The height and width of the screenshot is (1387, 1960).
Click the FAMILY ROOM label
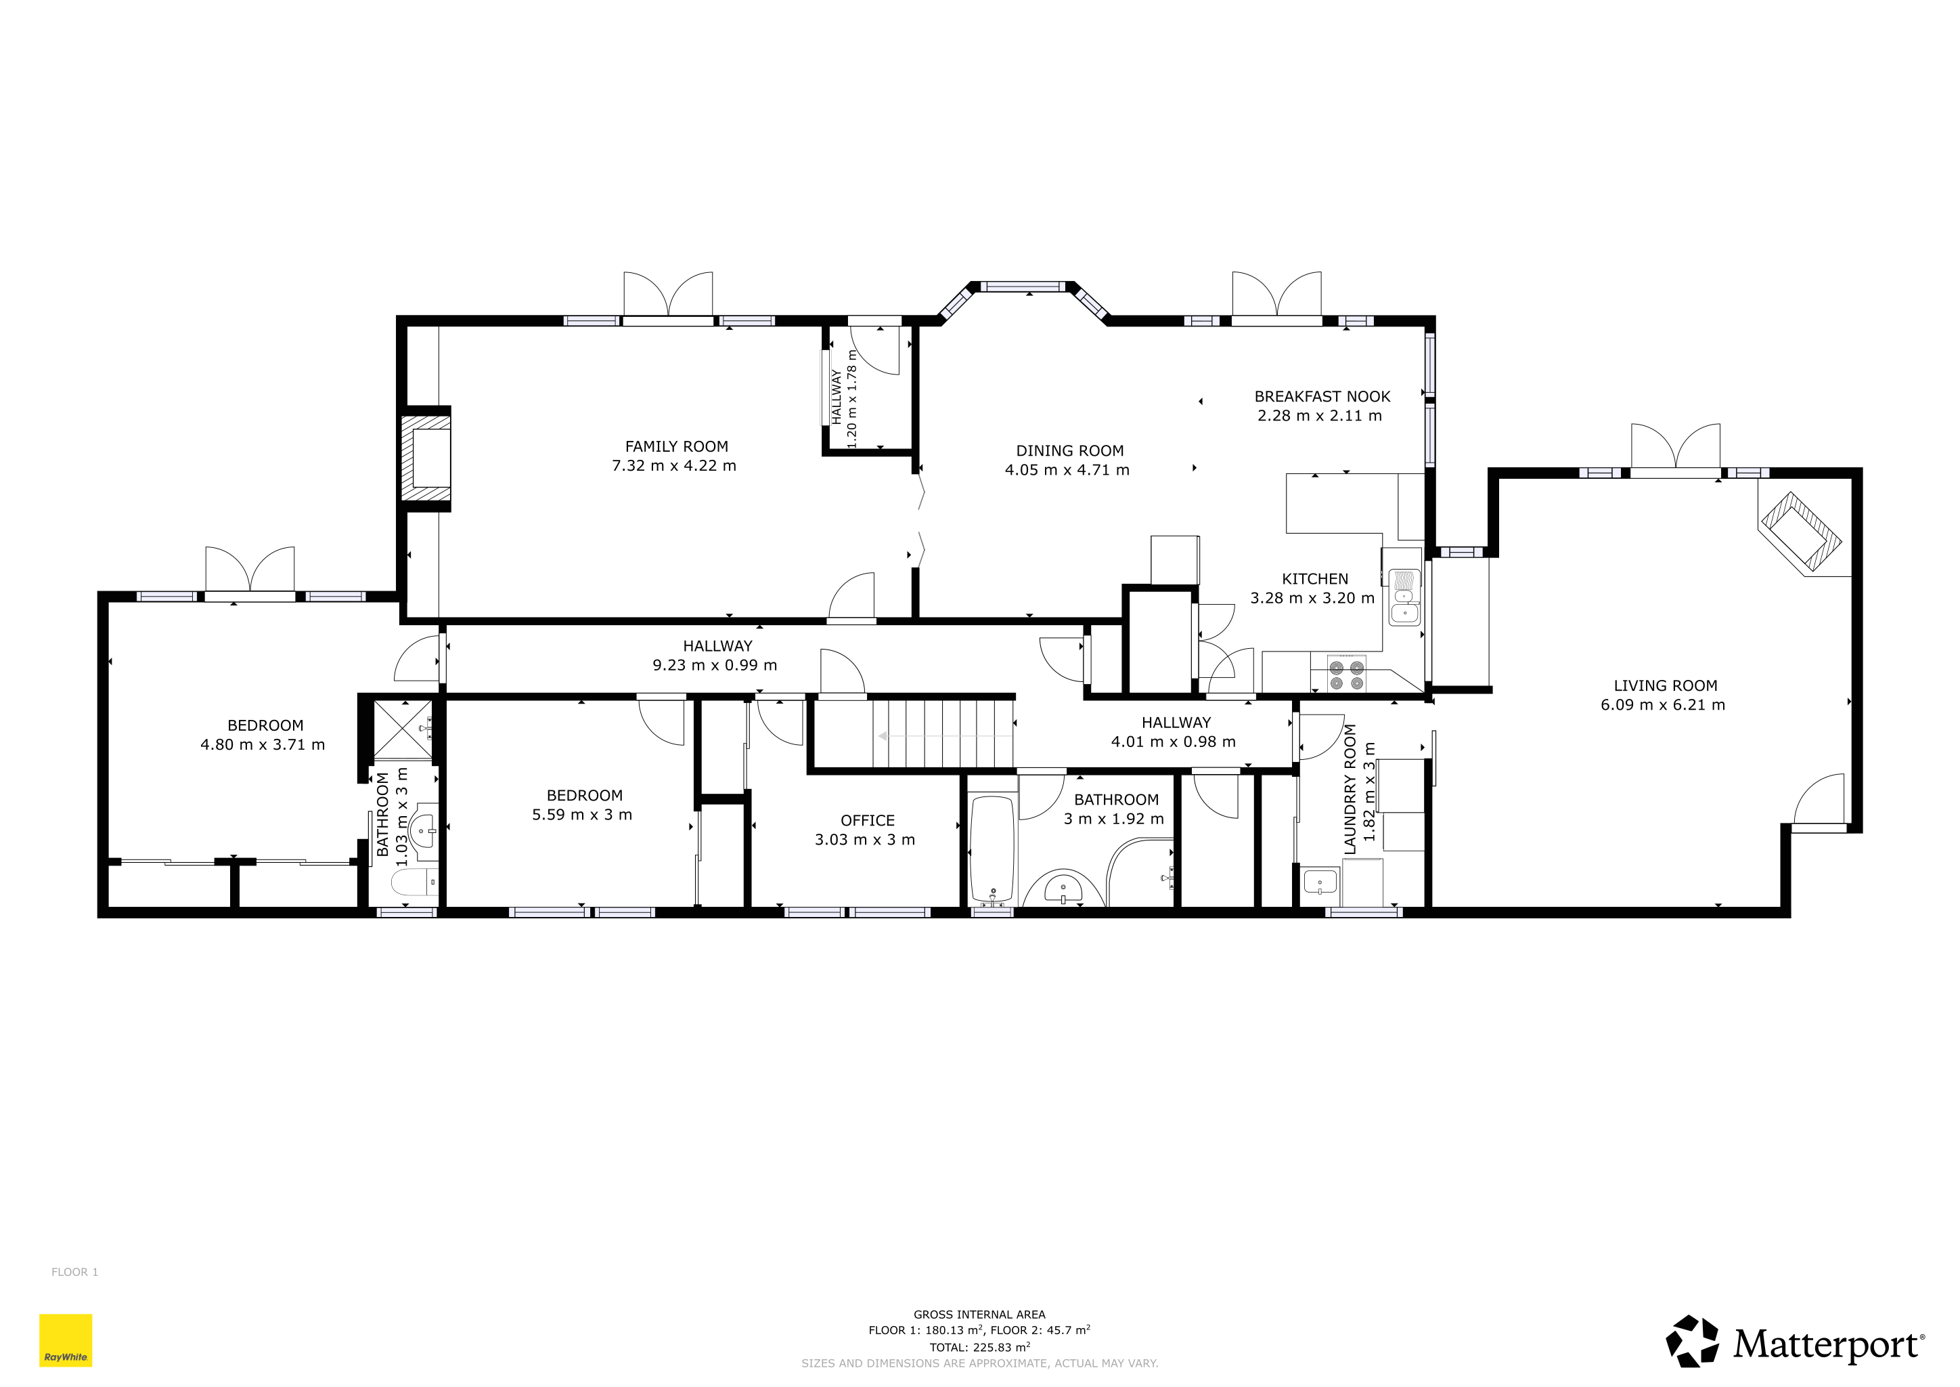tap(676, 447)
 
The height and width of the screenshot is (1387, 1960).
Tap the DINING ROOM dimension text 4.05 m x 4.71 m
tap(1067, 470)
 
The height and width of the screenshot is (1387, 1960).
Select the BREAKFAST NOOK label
tap(1322, 396)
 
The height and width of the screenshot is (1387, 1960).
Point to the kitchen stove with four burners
tap(1346, 674)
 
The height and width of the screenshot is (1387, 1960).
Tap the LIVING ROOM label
tap(1666, 686)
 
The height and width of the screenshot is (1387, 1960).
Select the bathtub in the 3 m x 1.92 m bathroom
tap(992, 849)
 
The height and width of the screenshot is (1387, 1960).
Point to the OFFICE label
tap(868, 821)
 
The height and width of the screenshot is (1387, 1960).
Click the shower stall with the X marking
tap(403, 729)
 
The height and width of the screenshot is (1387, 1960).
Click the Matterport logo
tap(1796, 1342)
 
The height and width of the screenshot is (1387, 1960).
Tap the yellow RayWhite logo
tap(66, 1340)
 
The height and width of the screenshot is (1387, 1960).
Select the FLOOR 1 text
tap(74, 1272)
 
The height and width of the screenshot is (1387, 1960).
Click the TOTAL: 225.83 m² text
tap(979, 1347)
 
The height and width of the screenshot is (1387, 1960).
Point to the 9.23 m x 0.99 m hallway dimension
tap(715, 665)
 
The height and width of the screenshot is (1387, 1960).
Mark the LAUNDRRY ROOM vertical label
tap(1350, 789)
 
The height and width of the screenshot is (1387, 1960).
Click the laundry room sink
tap(1320, 881)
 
